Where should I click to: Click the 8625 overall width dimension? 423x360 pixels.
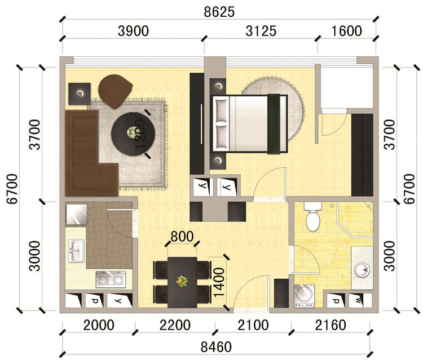[x=219, y=12]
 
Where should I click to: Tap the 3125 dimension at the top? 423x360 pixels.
[x=261, y=31]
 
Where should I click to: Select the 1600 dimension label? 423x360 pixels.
[x=346, y=31]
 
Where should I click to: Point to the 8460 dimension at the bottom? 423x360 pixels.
[x=216, y=347]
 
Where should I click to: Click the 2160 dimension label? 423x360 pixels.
[x=331, y=325]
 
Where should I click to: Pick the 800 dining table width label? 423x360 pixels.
[x=182, y=237]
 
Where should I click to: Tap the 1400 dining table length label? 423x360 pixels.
[x=219, y=282]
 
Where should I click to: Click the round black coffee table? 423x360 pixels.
[x=133, y=134]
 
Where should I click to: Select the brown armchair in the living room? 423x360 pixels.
[x=115, y=91]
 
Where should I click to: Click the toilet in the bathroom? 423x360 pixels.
[x=313, y=217]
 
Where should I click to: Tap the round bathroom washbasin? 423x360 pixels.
[x=362, y=270]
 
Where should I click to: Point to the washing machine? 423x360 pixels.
[x=304, y=296]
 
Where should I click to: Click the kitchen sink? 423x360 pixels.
[x=76, y=251]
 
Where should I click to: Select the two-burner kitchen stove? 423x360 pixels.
[x=111, y=279]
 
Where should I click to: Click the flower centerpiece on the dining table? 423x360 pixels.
[x=182, y=281]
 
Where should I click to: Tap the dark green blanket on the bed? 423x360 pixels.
[x=274, y=124]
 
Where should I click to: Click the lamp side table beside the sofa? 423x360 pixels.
[x=80, y=94]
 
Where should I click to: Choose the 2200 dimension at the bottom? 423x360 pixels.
[x=175, y=325]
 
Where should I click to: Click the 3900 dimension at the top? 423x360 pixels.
[x=133, y=31]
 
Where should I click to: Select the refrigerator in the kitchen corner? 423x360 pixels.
[x=77, y=215]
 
